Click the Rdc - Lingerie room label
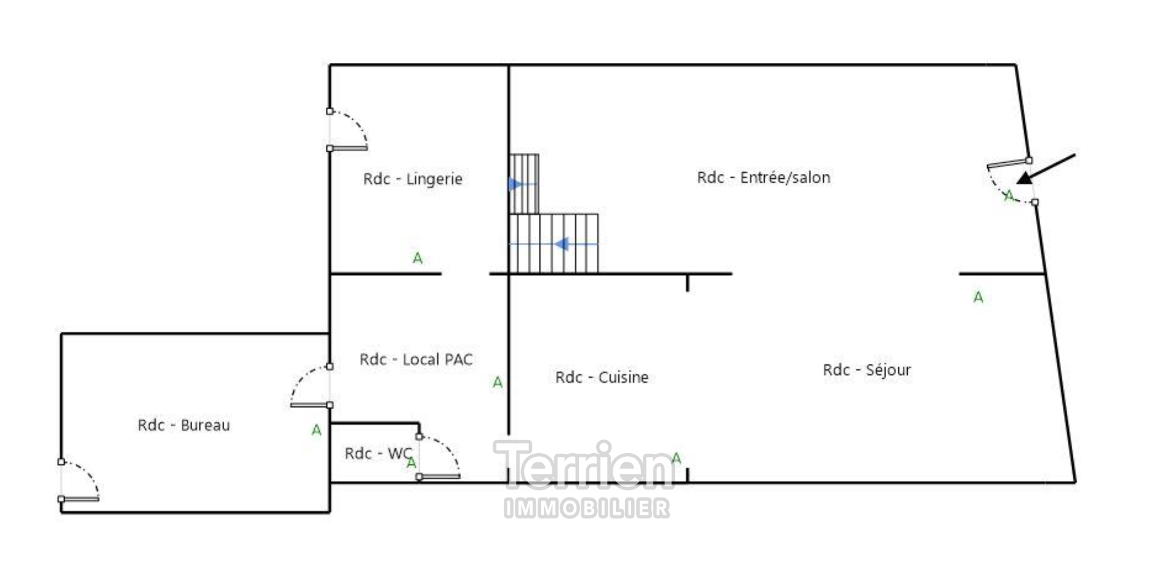413,179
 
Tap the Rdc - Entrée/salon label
764,178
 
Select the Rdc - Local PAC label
416,359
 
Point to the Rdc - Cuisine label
602,377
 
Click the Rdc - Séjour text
866,370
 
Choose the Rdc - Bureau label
184,425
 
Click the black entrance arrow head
1024,178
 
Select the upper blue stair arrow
515,184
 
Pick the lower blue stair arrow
561,244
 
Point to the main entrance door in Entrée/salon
1010,182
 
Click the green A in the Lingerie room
418,258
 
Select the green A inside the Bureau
317,430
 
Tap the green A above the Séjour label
978,298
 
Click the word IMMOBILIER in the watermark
587,509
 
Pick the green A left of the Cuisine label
498,383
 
